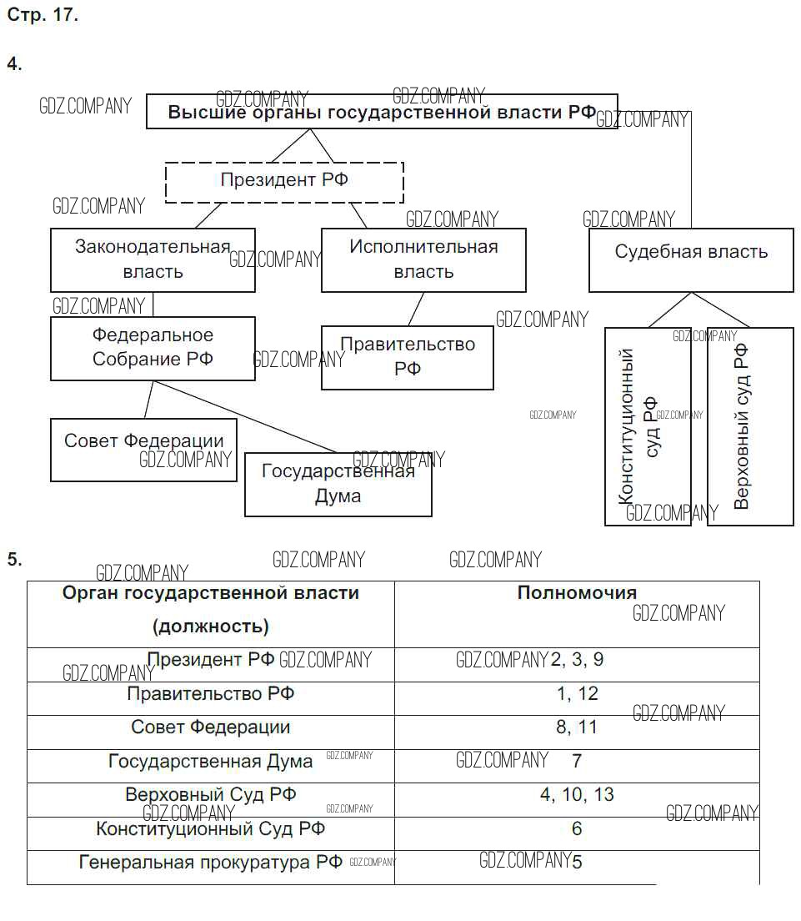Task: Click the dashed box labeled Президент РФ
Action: (x=284, y=181)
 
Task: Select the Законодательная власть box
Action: (x=153, y=259)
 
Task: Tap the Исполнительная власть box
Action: (x=423, y=259)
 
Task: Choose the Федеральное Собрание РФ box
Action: (x=153, y=347)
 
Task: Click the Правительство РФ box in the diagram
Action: (x=408, y=357)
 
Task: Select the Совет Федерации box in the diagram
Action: (x=143, y=449)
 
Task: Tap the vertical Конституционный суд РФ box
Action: (x=648, y=426)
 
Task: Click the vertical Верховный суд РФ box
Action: (x=750, y=426)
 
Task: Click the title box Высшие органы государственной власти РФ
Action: (x=382, y=112)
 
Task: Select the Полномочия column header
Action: (x=577, y=593)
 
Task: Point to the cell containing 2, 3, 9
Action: (x=577, y=660)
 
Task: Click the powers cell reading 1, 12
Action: (x=577, y=694)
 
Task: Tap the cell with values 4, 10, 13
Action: (x=577, y=794)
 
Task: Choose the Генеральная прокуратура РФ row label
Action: (x=210, y=862)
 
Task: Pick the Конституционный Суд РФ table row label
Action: (x=210, y=828)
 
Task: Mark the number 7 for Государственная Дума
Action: (x=577, y=761)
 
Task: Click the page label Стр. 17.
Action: (x=43, y=16)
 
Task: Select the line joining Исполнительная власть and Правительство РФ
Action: (x=416, y=309)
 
